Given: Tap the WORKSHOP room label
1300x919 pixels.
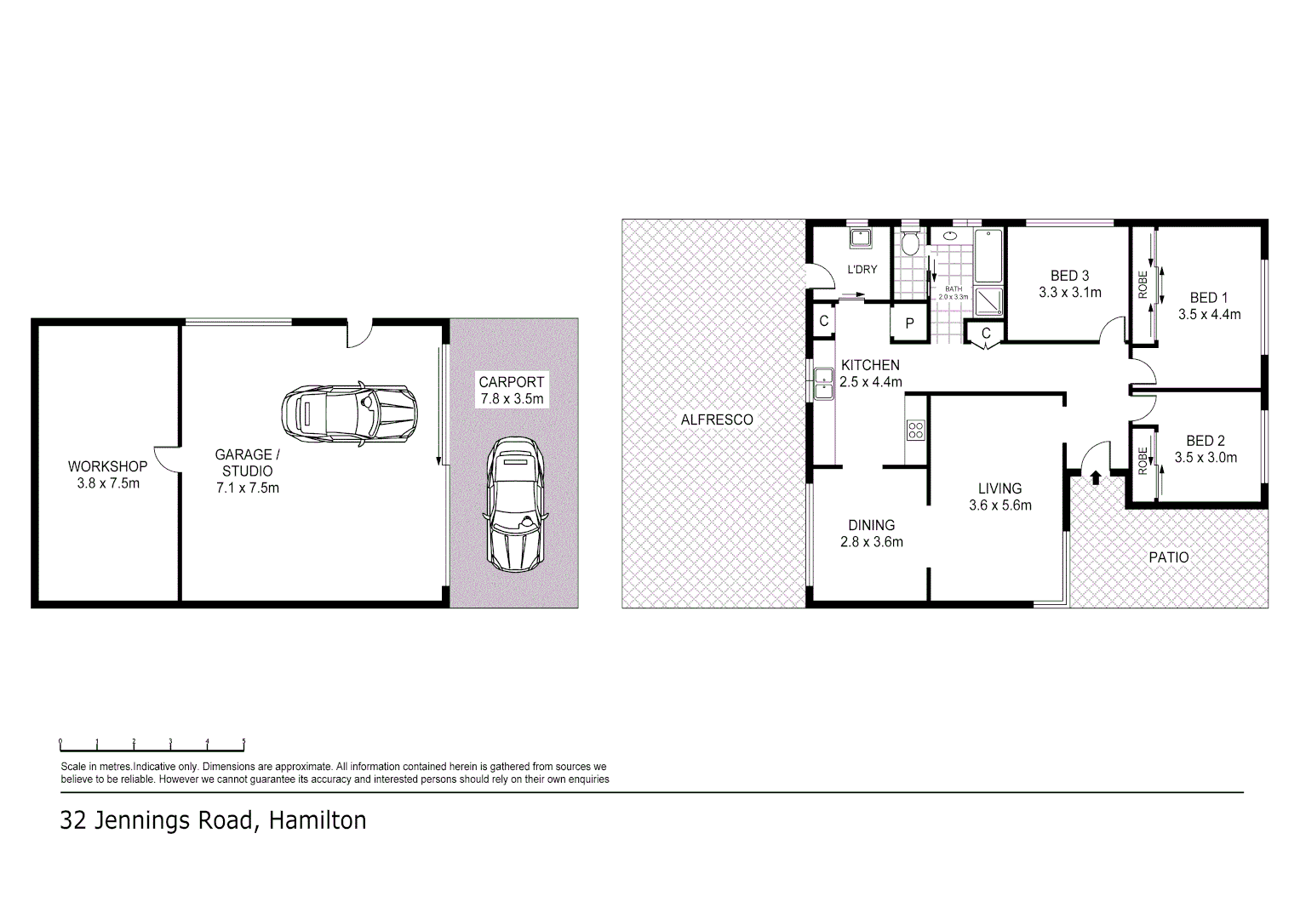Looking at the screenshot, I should tap(107, 466).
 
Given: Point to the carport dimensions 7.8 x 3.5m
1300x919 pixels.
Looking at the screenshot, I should tap(511, 398).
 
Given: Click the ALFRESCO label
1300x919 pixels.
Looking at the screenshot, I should tap(717, 420).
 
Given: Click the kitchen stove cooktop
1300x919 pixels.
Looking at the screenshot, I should tap(915, 430).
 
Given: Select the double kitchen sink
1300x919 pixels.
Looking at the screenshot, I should tap(823, 383).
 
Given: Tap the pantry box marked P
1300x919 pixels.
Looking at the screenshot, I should tap(909, 323).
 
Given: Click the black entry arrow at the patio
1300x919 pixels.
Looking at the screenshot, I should tap(1096, 477).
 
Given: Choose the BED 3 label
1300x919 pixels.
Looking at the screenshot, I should tap(1069, 276).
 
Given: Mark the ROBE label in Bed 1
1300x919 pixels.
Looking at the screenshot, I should tap(1143, 284).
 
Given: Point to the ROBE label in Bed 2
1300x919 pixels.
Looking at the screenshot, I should tap(1143, 460).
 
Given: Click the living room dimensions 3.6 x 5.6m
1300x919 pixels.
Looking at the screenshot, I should tap(999, 505).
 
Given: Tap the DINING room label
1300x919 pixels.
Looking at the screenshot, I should tap(871, 525).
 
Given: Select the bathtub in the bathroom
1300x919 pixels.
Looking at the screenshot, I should tap(988, 255).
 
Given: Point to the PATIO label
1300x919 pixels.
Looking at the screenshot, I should tap(1168, 557).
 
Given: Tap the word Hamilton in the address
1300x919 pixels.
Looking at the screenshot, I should tap(318, 820).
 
